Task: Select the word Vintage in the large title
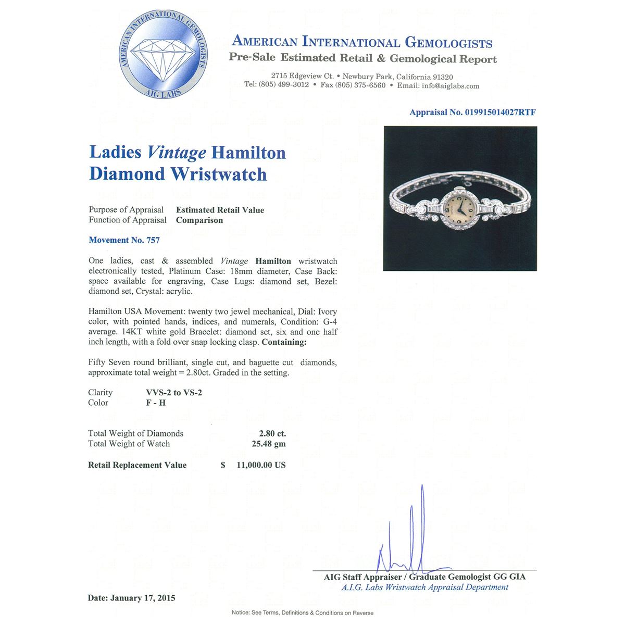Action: [177, 152]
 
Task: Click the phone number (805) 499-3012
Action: [283, 85]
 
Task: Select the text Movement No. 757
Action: [124, 240]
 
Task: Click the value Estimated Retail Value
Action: [220, 210]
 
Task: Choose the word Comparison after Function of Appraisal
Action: [199, 220]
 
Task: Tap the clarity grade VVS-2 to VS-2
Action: [173, 393]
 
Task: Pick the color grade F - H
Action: [156, 403]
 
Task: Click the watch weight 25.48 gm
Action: [268, 444]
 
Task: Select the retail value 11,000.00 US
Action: [260, 465]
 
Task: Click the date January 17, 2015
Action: [143, 598]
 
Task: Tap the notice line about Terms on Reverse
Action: [302, 612]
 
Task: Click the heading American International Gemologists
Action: [362, 42]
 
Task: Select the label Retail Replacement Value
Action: [137, 465]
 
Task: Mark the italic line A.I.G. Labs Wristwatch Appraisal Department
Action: [424, 587]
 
